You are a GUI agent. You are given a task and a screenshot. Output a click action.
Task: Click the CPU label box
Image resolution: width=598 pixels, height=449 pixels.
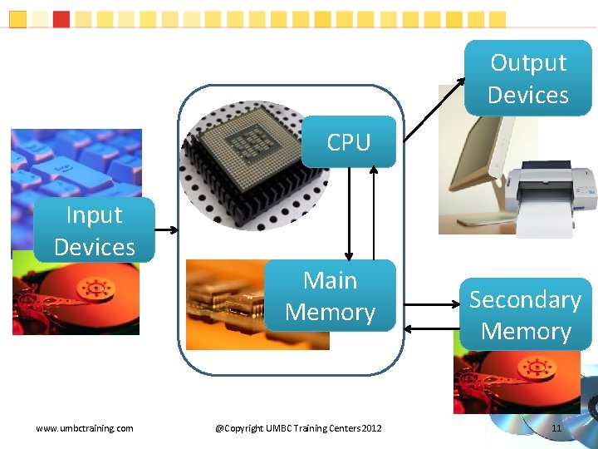tap(349, 142)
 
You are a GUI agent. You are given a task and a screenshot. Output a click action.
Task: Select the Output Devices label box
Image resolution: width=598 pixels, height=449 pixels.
tap(528, 78)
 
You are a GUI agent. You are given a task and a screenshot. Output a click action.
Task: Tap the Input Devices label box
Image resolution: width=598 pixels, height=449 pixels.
tap(94, 230)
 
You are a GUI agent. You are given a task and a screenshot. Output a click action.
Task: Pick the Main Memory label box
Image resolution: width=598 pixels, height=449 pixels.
tap(330, 296)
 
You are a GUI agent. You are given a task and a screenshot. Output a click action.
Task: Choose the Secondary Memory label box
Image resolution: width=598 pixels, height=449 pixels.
tap(525, 314)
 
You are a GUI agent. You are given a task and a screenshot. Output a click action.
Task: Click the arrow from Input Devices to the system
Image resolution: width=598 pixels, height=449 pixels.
tap(166, 230)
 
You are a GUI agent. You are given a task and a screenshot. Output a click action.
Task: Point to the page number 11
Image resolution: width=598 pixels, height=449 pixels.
tap(556, 428)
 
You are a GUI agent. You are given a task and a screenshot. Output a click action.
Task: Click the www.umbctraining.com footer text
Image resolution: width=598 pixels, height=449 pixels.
tap(85, 428)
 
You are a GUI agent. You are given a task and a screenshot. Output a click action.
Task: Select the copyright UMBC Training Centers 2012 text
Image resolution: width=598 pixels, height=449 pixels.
tap(298, 428)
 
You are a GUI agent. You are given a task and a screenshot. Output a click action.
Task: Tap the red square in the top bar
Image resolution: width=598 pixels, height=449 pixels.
tap(61, 18)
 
